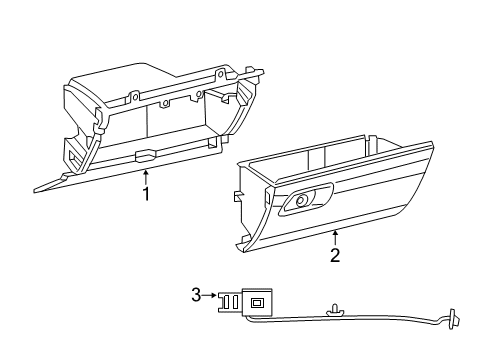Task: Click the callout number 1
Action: pos(146,194)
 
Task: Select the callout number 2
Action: pos(335,255)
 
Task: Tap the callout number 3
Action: pos(197,294)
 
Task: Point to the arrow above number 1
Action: pos(146,175)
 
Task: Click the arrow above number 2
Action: pos(335,237)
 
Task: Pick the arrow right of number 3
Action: pos(211,294)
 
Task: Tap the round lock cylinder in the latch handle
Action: pos(300,203)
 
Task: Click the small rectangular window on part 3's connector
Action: pos(258,303)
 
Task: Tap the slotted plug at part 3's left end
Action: pos(229,300)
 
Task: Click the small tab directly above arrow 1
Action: pos(146,156)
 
